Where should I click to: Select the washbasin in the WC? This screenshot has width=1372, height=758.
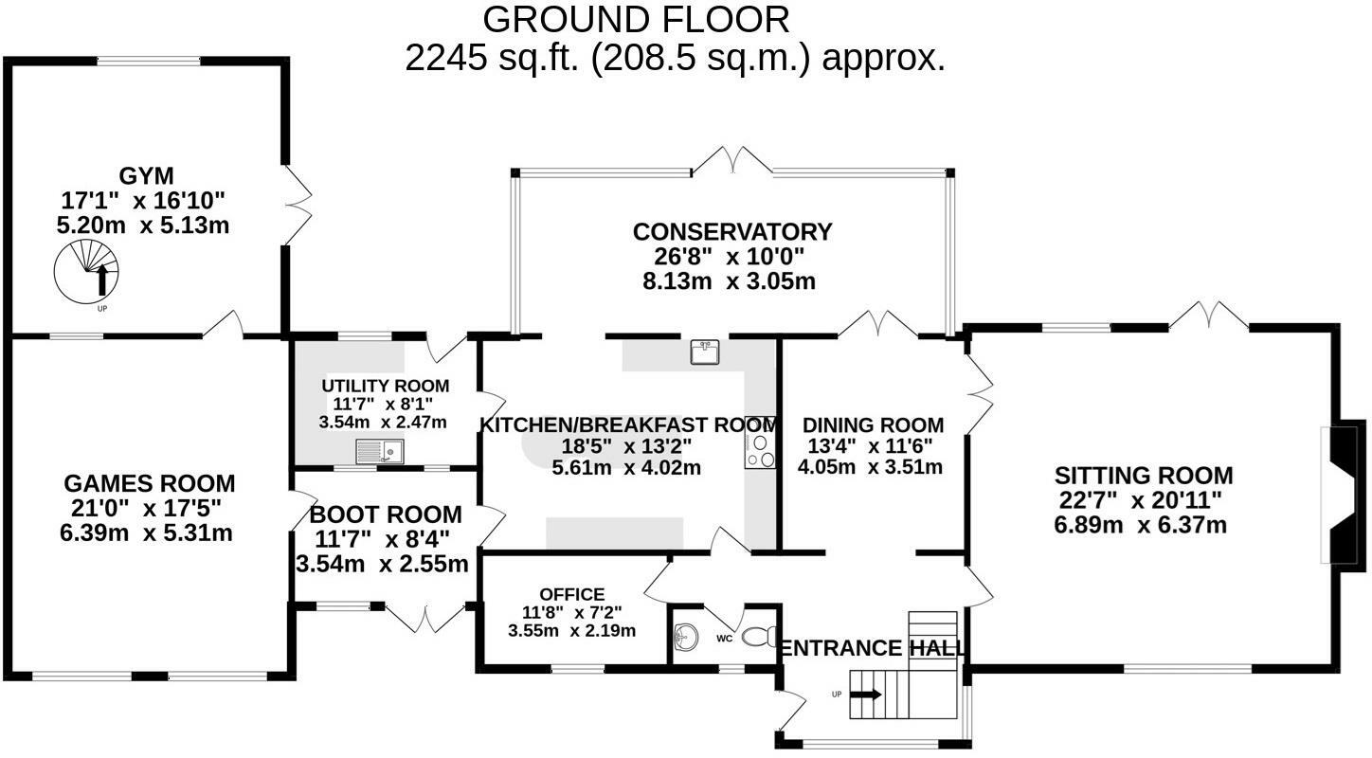point(685,637)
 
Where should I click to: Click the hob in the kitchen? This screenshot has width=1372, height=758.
point(760,451)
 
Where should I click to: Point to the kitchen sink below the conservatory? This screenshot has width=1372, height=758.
point(704,352)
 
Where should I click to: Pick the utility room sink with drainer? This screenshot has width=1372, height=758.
point(380,451)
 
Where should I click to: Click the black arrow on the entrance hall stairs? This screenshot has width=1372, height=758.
point(866,695)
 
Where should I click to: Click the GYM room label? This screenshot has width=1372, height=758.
point(146,175)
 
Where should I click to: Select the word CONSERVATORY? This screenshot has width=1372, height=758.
point(732,231)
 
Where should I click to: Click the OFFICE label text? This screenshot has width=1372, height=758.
point(572,594)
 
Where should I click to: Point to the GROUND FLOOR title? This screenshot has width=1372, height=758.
point(636,20)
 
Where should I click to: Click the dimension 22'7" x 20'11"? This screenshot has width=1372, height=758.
point(1141,501)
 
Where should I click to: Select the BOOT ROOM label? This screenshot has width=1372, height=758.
point(386,514)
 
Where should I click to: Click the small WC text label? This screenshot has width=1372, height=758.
point(725,639)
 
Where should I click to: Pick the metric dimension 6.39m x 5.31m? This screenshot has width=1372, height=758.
point(146,532)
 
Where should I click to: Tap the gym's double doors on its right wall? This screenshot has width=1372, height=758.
point(298,205)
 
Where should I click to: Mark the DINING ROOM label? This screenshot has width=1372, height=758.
point(873,424)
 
